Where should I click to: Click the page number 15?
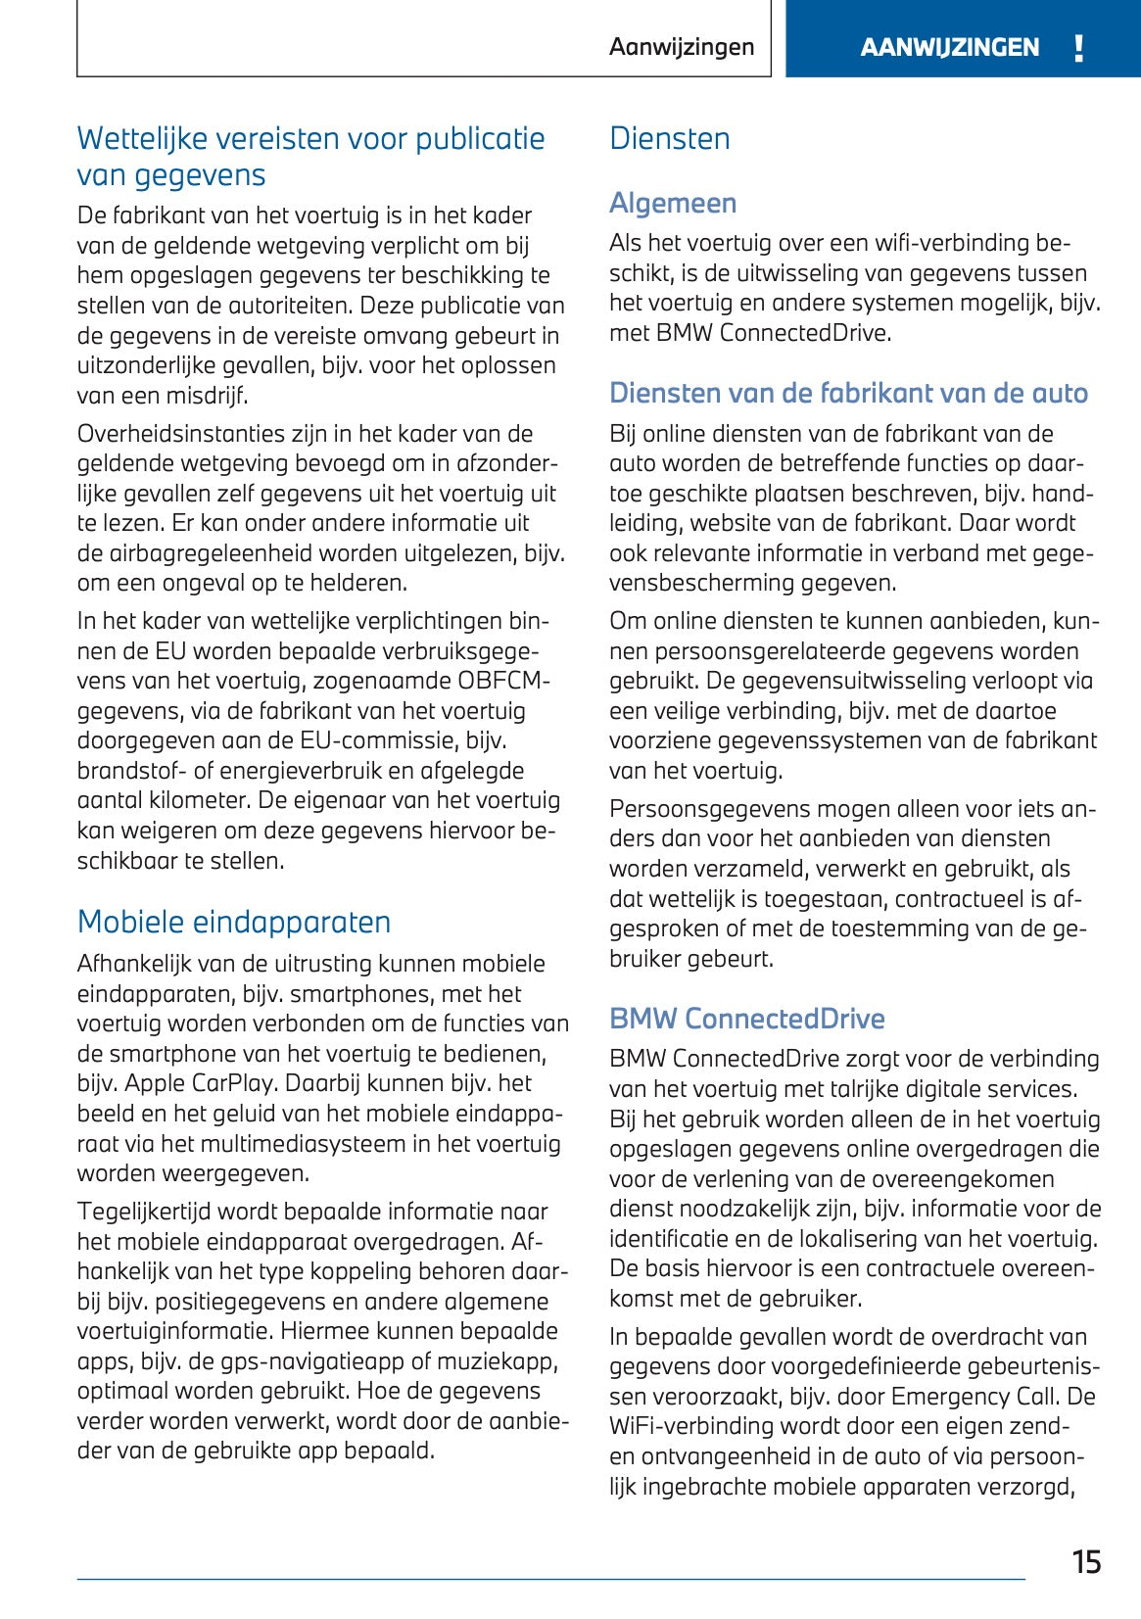tap(1086, 1561)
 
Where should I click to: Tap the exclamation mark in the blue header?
tap(1078, 48)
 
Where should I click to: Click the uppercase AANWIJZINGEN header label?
tap(949, 47)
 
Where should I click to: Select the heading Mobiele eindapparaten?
tap(234, 922)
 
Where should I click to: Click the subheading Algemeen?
tap(673, 203)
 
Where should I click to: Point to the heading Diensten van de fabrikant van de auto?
tap(848, 393)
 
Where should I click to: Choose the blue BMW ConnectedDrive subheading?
tap(746, 1019)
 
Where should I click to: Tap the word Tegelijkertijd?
tap(144, 1212)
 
